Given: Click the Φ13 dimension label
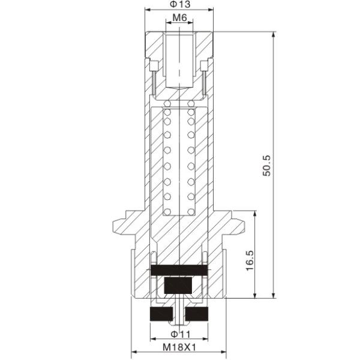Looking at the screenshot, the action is click(180, 4).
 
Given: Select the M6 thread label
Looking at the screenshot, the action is click(180, 17).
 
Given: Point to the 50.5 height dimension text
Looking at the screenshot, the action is click(267, 166).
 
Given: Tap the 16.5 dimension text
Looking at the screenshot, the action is click(250, 260).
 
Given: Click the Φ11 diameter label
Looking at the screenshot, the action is click(181, 334).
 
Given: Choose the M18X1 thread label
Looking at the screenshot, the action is click(179, 347).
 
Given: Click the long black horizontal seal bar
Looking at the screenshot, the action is click(179, 270).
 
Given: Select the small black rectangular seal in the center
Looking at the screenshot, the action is click(178, 286).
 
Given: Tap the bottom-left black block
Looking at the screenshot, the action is click(161, 314).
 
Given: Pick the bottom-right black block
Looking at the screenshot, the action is click(197, 314).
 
